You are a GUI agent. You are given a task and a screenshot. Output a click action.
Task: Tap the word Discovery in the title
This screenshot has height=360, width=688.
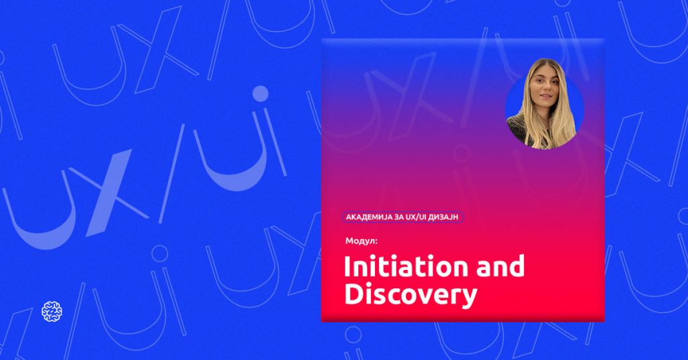(411, 295)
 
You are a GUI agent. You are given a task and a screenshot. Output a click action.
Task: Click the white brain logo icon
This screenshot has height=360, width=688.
(52, 312)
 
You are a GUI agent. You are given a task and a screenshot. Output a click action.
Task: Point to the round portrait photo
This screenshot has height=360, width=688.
(544, 109)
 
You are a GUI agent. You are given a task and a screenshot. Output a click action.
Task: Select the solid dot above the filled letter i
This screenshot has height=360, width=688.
(260, 93)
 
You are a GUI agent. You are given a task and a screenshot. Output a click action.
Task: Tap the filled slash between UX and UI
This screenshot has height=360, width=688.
(171, 174)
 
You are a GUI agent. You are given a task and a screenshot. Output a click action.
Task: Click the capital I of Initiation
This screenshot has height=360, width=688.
(347, 266)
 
